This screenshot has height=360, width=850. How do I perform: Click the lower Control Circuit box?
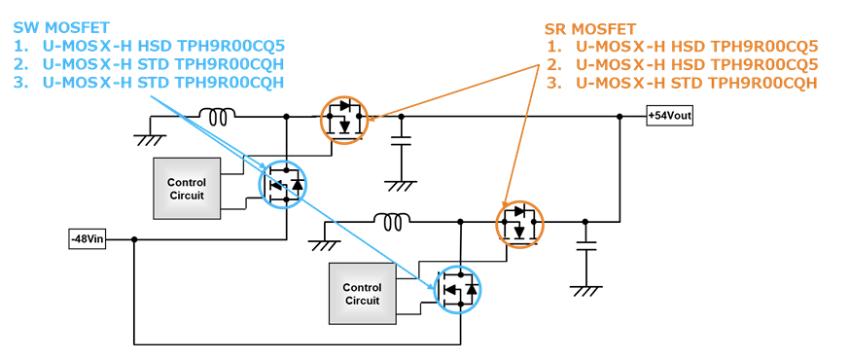362,294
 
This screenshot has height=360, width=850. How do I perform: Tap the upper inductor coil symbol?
216,117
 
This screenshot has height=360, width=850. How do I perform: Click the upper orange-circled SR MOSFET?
346,120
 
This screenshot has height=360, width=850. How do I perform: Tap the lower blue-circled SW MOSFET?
457,288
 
